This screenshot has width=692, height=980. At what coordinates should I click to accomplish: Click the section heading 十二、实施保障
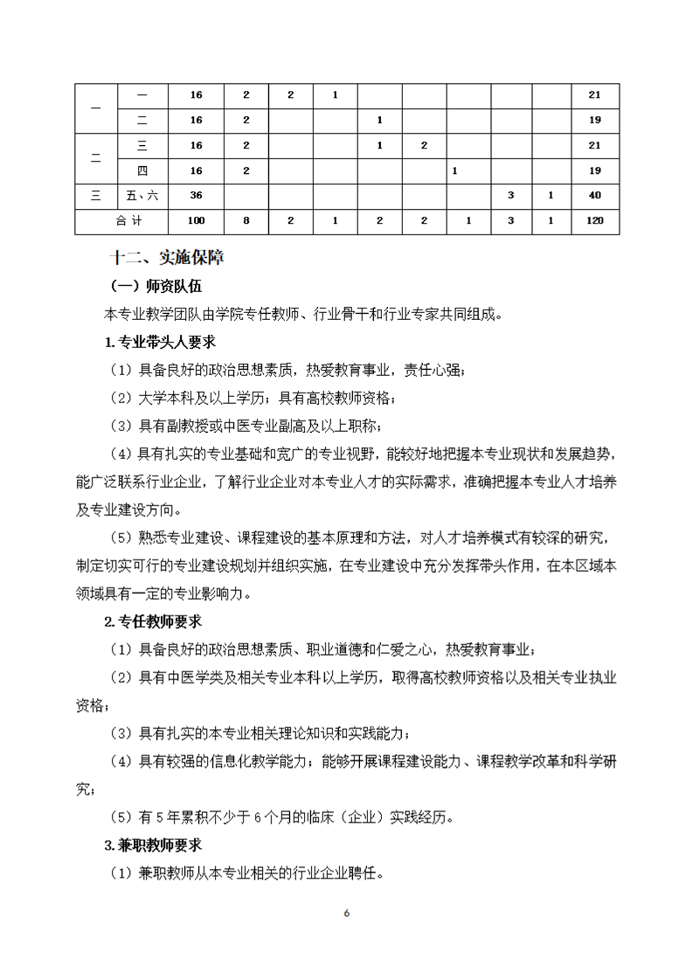166,257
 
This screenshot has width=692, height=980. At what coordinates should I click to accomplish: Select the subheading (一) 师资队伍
156,286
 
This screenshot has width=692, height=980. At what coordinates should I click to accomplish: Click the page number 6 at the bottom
347,914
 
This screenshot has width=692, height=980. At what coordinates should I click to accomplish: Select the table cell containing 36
196,195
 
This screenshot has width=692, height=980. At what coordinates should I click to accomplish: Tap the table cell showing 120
596,220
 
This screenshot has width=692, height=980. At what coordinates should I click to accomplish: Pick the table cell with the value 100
196,220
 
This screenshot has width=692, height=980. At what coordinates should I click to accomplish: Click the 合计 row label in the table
128,220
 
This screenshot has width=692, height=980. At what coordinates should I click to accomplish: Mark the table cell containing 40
596,195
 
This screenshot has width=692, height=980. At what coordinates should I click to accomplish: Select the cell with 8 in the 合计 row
246,220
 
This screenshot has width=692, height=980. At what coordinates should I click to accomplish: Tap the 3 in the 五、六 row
510,195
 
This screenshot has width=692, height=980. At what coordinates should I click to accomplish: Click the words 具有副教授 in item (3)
173,426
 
